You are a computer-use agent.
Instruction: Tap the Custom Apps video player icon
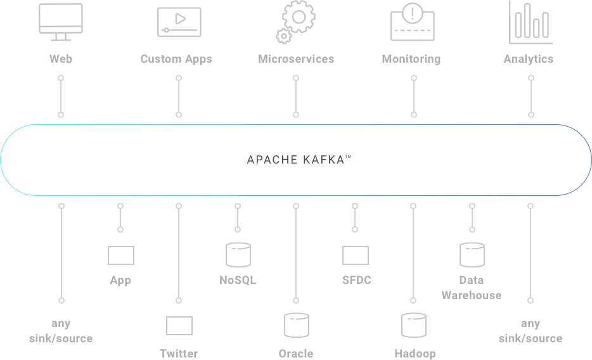tap(179, 22)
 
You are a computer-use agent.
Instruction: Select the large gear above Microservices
tap(299, 16)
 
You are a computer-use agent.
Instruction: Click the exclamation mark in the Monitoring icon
tap(413, 12)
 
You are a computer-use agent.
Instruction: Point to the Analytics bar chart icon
tap(531, 22)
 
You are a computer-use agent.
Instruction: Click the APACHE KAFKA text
tap(299, 160)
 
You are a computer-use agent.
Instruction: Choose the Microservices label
tap(296, 59)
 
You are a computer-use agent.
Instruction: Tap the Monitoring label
tap(411, 59)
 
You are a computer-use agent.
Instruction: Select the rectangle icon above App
tap(121, 255)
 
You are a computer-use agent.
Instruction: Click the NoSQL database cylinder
tap(238, 255)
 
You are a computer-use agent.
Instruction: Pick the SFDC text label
tap(356, 280)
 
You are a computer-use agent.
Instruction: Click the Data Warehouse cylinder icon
tap(472, 255)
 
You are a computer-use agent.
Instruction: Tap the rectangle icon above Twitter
tap(179, 326)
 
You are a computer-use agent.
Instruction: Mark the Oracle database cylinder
tap(296, 325)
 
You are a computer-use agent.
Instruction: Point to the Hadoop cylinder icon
tap(414, 325)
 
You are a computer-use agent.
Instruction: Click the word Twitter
tap(179, 353)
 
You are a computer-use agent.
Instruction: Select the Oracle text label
tap(296, 353)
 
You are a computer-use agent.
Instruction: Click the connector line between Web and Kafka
tap(61, 96)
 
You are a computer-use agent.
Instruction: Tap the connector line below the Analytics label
tap(531, 96)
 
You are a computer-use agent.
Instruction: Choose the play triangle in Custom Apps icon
tap(180, 18)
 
